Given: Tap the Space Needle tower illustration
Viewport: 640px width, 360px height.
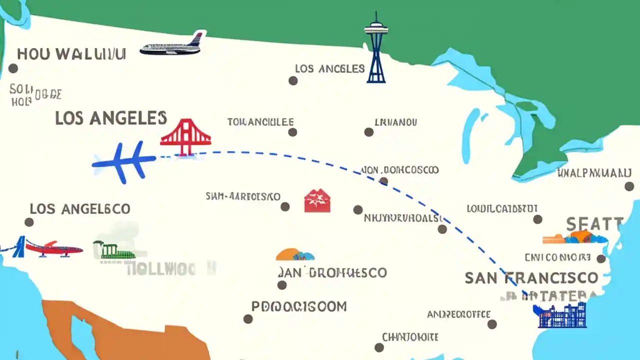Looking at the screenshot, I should coord(376,47).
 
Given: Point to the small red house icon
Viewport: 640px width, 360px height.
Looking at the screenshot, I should coord(317,200).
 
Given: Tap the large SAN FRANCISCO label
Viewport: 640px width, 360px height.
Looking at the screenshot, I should coord(531,277).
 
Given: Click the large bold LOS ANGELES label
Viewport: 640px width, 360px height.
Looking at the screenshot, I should coord(110,118).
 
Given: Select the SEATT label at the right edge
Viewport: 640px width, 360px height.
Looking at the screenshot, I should coord(594,223).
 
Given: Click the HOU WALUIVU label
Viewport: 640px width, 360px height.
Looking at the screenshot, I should coord(70,54).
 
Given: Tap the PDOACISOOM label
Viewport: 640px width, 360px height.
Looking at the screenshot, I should coord(298,306).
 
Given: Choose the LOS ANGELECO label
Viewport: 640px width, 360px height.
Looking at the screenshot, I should coord(80,208).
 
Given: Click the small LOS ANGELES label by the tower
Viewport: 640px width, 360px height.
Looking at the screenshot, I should coord(329,68).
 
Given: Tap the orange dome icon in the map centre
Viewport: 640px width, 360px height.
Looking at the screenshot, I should coord(295,254).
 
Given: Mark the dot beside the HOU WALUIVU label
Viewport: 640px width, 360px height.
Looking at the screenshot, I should coord(13,68).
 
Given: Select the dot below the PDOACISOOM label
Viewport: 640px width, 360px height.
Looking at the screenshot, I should coord(248,319).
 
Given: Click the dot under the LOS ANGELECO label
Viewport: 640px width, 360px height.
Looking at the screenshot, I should coord(29,222).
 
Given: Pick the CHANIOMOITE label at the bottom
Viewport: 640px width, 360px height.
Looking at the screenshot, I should coord(410,337).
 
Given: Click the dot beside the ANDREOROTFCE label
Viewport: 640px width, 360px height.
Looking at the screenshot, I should coord(492,324).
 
